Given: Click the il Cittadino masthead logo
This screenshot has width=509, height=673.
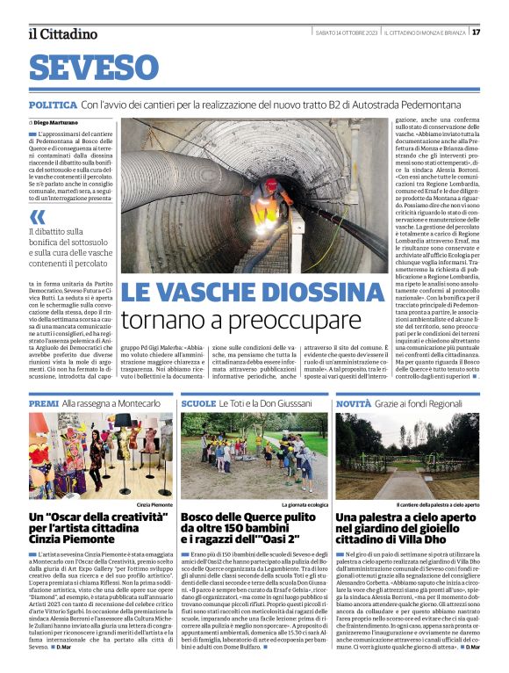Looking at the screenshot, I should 62,33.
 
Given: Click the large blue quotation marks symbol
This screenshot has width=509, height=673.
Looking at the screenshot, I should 38,216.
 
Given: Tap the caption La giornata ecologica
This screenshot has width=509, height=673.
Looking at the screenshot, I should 304,506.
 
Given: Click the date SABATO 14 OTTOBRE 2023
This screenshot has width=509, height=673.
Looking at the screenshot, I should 348,33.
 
